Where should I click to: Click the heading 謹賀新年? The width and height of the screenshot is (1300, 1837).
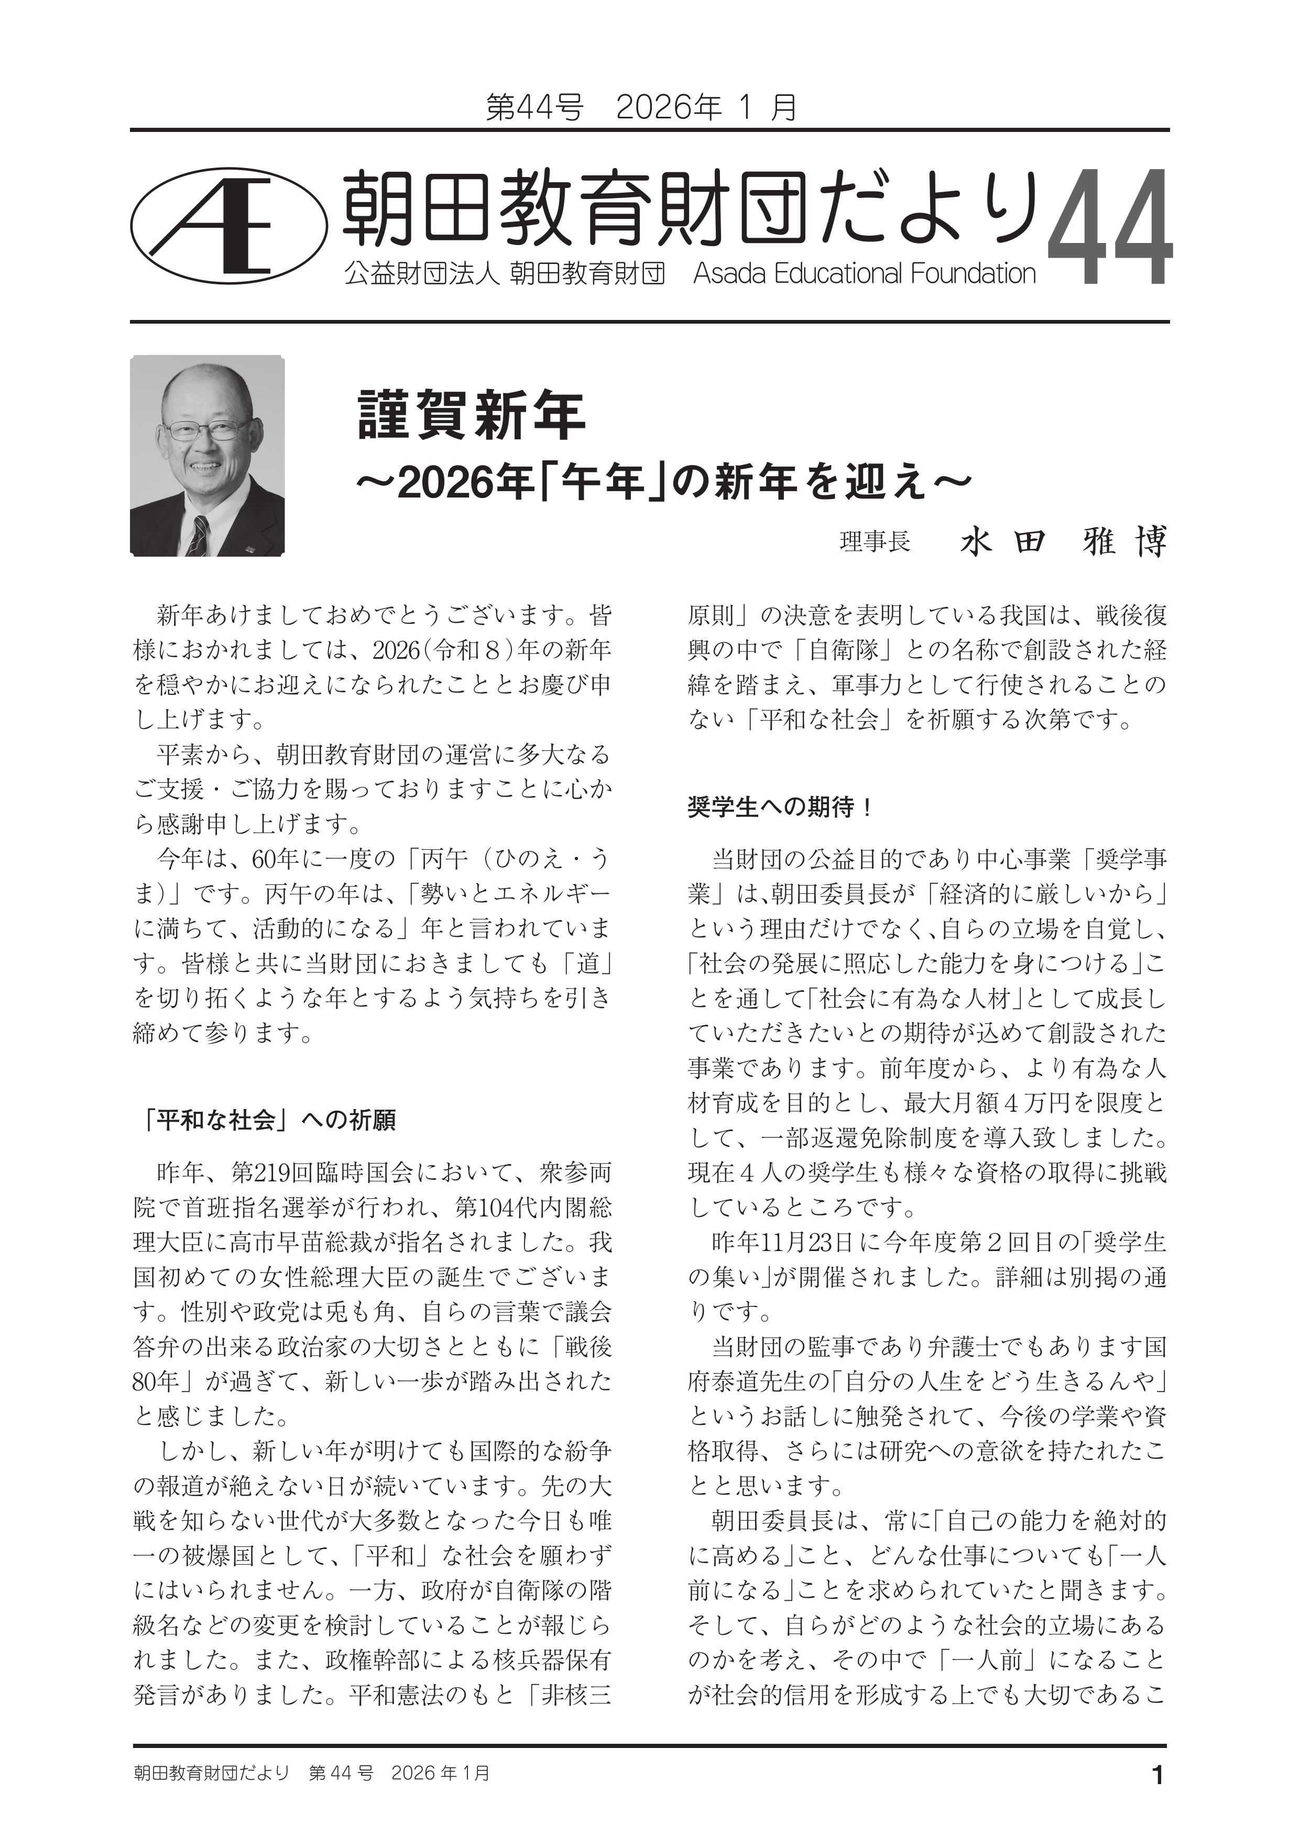click(472, 415)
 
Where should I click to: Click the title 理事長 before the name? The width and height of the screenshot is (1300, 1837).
click(875, 543)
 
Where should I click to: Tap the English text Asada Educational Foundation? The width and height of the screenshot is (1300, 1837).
click(865, 274)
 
